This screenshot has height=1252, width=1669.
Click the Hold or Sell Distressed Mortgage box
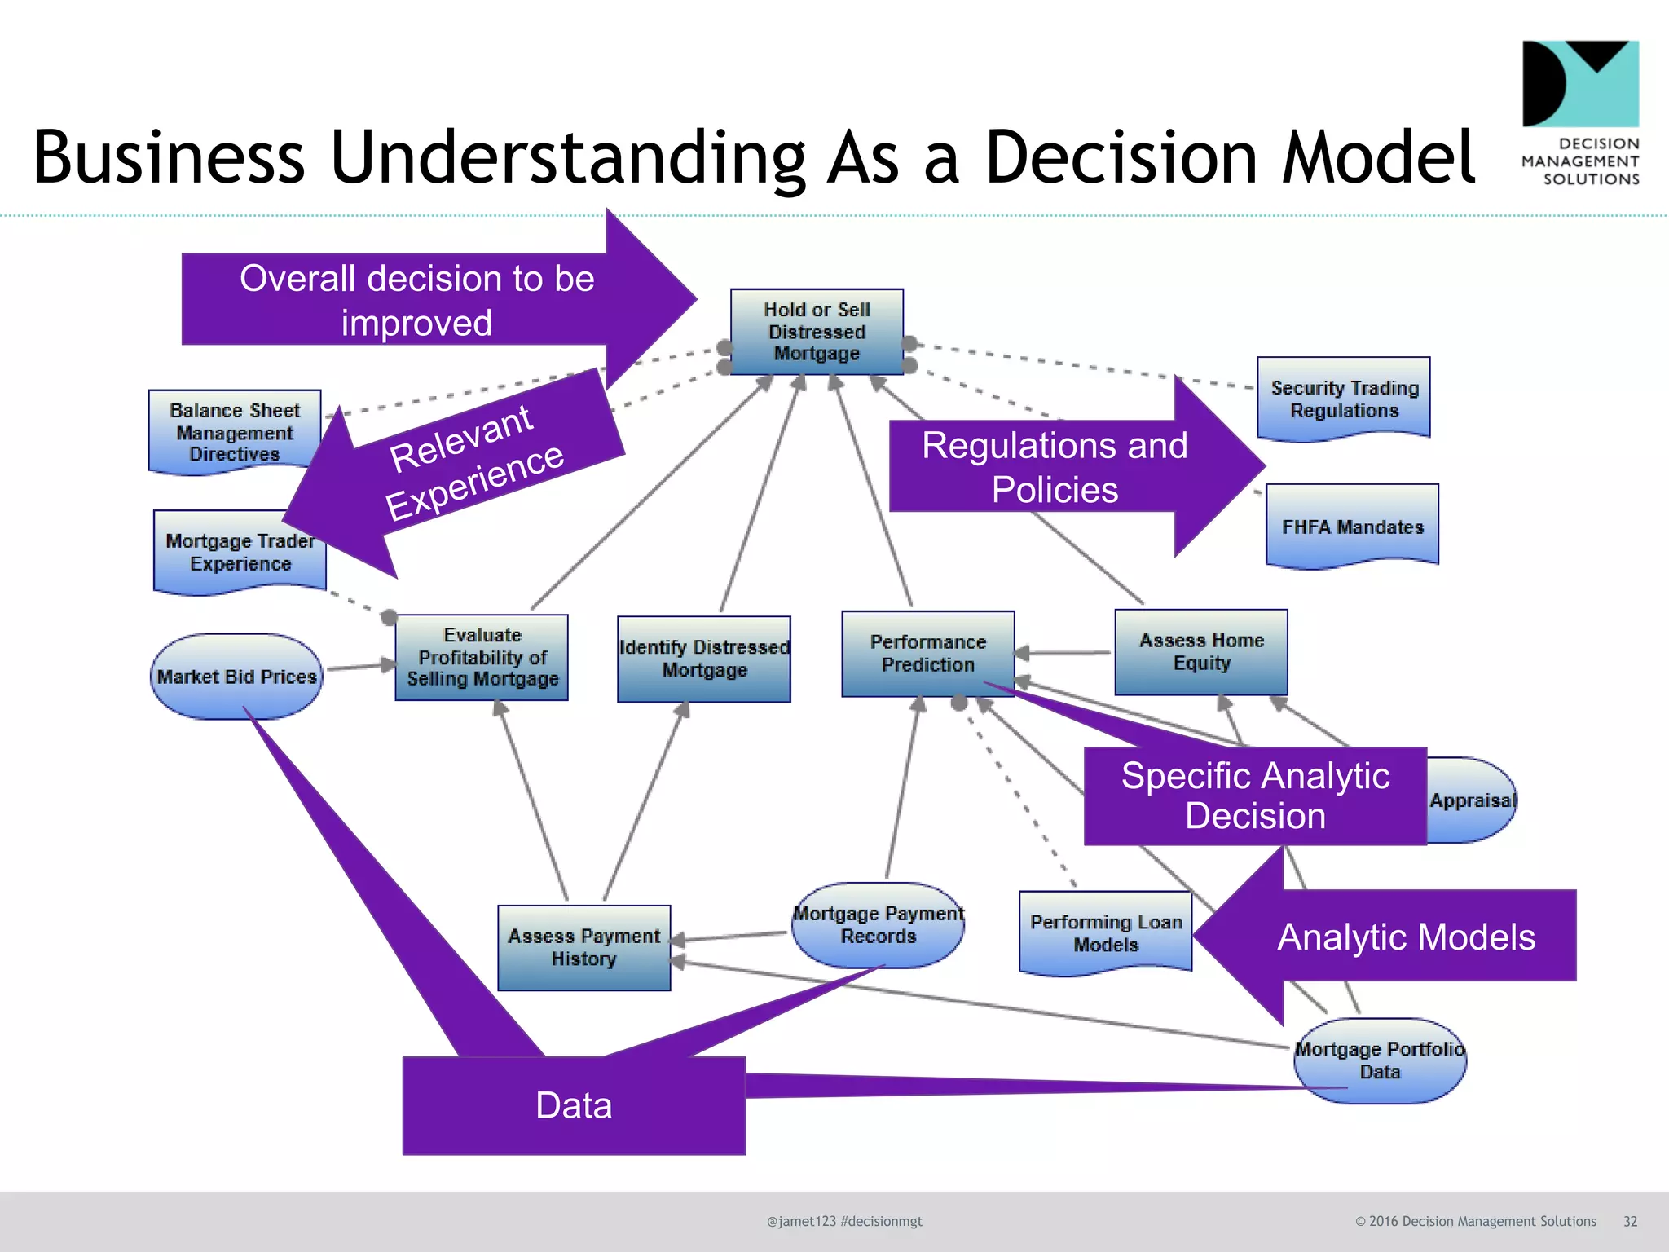[817, 332]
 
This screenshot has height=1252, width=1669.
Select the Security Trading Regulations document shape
[1344, 399]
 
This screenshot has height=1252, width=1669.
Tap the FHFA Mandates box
[1352, 526]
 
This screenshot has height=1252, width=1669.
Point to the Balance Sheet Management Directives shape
[234, 431]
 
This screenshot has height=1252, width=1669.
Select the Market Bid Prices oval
[236, 677]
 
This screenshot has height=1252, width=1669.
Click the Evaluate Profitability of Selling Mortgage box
[482, 657]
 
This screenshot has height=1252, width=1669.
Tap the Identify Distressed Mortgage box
[704, 659]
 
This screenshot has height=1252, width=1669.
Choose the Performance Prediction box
[927, 653]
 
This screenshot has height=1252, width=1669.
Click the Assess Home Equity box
[1201, 651]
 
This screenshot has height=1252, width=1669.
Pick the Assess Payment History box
[583, 947]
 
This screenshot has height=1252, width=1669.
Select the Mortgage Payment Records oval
[879, 925]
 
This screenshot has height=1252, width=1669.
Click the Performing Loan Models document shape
[1105, 932]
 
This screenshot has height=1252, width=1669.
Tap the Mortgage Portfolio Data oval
[1380, 1060]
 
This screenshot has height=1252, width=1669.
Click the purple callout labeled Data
[574, 1105]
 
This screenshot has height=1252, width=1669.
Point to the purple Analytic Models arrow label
[1406, 937]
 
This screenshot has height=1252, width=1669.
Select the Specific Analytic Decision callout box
[1255, 796]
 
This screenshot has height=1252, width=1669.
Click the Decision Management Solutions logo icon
[1580, 84]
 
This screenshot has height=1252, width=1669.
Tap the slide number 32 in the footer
[1630, 1221]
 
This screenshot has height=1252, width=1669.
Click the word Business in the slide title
[169, 156]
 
